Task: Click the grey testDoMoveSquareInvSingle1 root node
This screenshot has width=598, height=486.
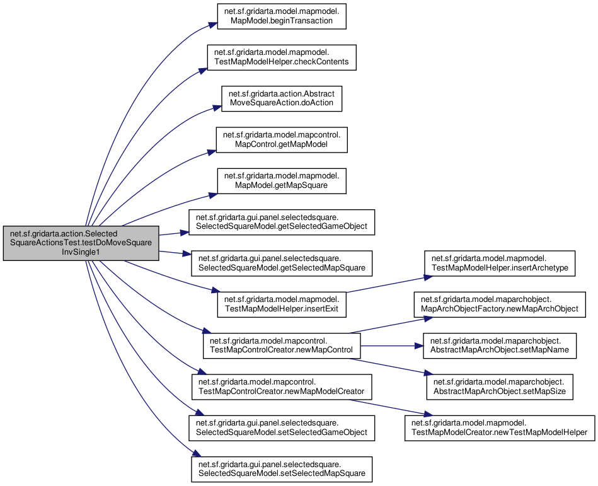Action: click(81, 243)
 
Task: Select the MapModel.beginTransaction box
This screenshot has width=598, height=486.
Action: click(282, 16)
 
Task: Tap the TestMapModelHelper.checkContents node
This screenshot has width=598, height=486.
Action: click(282, 57)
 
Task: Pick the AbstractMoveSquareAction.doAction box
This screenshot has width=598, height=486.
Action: click(282, 98)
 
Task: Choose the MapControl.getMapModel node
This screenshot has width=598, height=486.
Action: click(282, 139)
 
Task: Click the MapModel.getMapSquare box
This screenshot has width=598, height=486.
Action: click(282, 181)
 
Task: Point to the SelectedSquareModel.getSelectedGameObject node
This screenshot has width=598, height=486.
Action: click(282, 222)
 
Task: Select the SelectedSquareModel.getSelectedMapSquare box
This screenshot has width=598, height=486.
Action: click(282, 263)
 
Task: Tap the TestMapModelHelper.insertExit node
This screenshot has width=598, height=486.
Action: click(282, 304)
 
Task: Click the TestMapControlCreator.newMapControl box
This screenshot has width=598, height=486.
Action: click(282, 345)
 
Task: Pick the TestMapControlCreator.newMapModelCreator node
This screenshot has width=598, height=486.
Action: click(282, 387)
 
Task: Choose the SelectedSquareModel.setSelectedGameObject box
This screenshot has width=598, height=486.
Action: click(282, 428)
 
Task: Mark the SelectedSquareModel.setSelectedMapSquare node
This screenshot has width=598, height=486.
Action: click(282, 469)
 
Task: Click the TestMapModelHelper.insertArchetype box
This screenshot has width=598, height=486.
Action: click(500, 263)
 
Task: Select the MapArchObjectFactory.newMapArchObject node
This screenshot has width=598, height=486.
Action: click(500, 304)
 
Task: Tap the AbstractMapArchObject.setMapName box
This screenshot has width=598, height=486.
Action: click(500, 345)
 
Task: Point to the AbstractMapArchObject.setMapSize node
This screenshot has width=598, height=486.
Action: click(500, 387)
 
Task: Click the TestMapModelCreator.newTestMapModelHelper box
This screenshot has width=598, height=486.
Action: click(500, 428)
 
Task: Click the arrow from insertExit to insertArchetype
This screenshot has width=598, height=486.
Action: click(389, 284)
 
